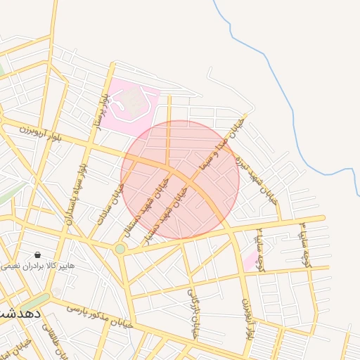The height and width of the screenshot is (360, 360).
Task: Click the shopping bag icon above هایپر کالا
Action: pyautogui.click(x=37, y=255)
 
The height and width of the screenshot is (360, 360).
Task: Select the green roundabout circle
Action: pyautogui.click(x=120, y=249)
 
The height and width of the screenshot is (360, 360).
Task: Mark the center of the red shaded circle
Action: pyautogui.click(x=180, y=179)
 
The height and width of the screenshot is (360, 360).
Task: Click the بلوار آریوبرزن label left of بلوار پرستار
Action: pyautogui.click(x=41, y=131)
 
